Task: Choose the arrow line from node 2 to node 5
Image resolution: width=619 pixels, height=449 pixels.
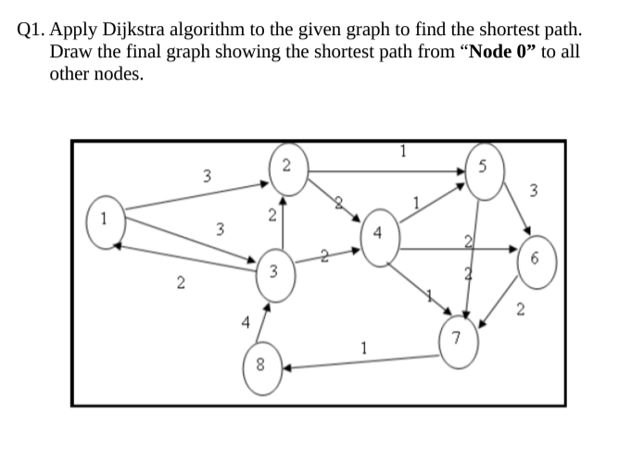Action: pos(389,170)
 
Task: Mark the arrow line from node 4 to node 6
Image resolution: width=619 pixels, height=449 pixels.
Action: pos(454,249)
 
